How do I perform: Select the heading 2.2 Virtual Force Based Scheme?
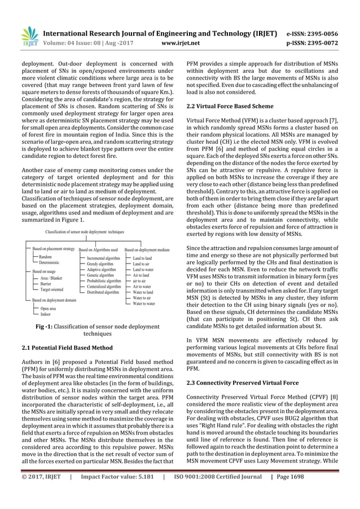pos(226,106)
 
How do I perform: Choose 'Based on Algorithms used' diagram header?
pos(98,249)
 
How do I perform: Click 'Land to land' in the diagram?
pos(142,257)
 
